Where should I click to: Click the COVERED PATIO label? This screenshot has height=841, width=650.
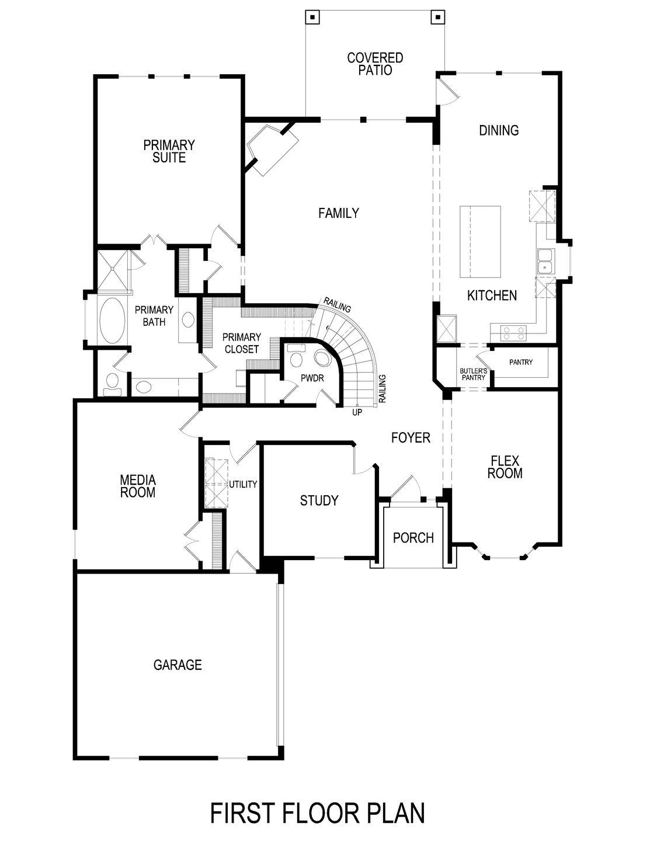click(x=375, y=64)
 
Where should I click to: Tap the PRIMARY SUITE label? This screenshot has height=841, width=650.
click(x=169, y=151)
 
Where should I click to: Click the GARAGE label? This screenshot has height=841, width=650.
click(x=178, y=665)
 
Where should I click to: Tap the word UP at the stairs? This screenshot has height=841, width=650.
click(x=356, y=412)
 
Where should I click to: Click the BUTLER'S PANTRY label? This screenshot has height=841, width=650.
click(x=472, y=374)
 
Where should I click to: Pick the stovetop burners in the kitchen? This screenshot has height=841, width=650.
click(x=513, y=333)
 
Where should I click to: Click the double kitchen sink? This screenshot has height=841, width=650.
click(x=545, y=261)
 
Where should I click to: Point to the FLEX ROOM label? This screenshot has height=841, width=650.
click(x=505, y=467)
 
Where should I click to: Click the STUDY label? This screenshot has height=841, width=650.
click(x=319, y=501)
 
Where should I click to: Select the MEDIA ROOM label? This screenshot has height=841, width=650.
click(x=138, y=486)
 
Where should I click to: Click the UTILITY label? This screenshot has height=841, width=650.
click(x=243, y=484)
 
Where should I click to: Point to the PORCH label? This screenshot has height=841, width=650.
click(x=413, y=537)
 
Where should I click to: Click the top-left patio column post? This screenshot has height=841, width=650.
click(x=312, y=17)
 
